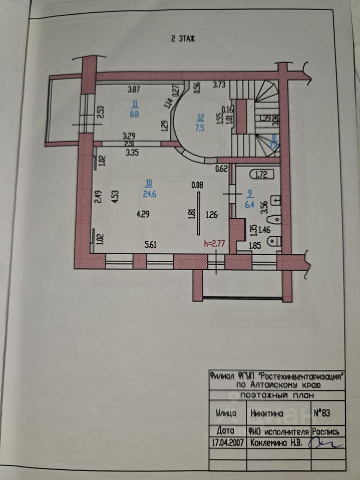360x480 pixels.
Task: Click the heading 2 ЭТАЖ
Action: point(182,38)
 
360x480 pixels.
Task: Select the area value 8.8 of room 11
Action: point(134,113)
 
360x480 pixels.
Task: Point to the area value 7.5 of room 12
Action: point(200,127)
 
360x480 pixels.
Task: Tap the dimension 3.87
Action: point(134,90)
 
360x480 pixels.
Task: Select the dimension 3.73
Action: point(219,85)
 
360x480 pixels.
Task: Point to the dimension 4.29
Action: point(143,214)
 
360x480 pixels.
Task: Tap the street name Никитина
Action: point(268,413)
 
